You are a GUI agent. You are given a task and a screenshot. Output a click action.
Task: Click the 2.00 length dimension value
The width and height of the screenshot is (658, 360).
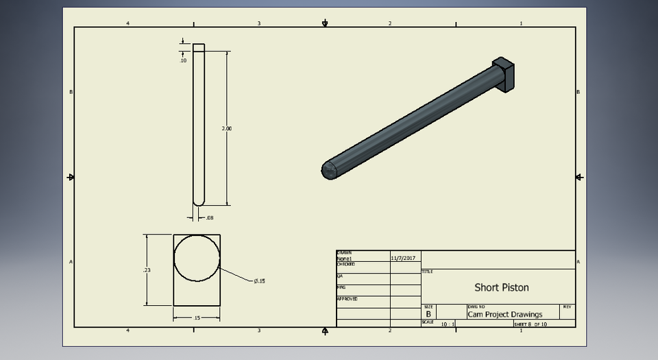click(228, 128)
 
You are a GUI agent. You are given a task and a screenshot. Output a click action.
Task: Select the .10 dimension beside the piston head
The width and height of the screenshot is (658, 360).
click(183, 61)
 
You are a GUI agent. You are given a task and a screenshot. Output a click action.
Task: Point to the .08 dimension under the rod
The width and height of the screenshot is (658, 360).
click(210, 218)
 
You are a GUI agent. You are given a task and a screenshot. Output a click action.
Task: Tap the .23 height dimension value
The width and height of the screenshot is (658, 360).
click(147, 270)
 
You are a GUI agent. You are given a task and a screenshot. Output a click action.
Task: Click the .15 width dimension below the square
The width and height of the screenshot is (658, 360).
click(197, 317)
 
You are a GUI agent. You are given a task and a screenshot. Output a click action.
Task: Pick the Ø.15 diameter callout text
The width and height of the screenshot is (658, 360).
click(259, 281)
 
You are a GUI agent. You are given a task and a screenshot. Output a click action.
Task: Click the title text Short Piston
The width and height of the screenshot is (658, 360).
click(501, 287)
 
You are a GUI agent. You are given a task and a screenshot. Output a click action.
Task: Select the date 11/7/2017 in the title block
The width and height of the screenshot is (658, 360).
click(404, 259)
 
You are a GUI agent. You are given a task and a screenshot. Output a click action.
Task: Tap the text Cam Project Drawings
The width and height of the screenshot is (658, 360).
click(504, 315)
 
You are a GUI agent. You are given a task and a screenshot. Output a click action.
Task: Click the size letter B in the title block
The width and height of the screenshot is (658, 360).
click(428, 314)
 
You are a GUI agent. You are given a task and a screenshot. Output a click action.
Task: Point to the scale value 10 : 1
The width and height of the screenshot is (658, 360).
click(448, 324)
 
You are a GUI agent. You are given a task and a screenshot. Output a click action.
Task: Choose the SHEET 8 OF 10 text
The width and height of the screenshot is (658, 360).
click(531, 324)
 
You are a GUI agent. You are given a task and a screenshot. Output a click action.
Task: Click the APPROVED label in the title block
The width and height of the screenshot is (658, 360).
click(347, 299)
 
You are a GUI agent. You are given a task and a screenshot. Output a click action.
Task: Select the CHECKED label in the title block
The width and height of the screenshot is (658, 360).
click(345, 264)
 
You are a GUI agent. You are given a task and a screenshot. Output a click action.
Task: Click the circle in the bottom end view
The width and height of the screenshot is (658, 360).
click(197, 258)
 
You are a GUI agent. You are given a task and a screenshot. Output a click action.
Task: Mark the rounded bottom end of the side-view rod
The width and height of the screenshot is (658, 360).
click(199, 201)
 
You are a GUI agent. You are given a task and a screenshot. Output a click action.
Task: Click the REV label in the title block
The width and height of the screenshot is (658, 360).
click(567, 307)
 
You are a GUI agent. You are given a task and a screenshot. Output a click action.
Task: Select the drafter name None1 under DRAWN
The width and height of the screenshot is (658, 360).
click(344, 259)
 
